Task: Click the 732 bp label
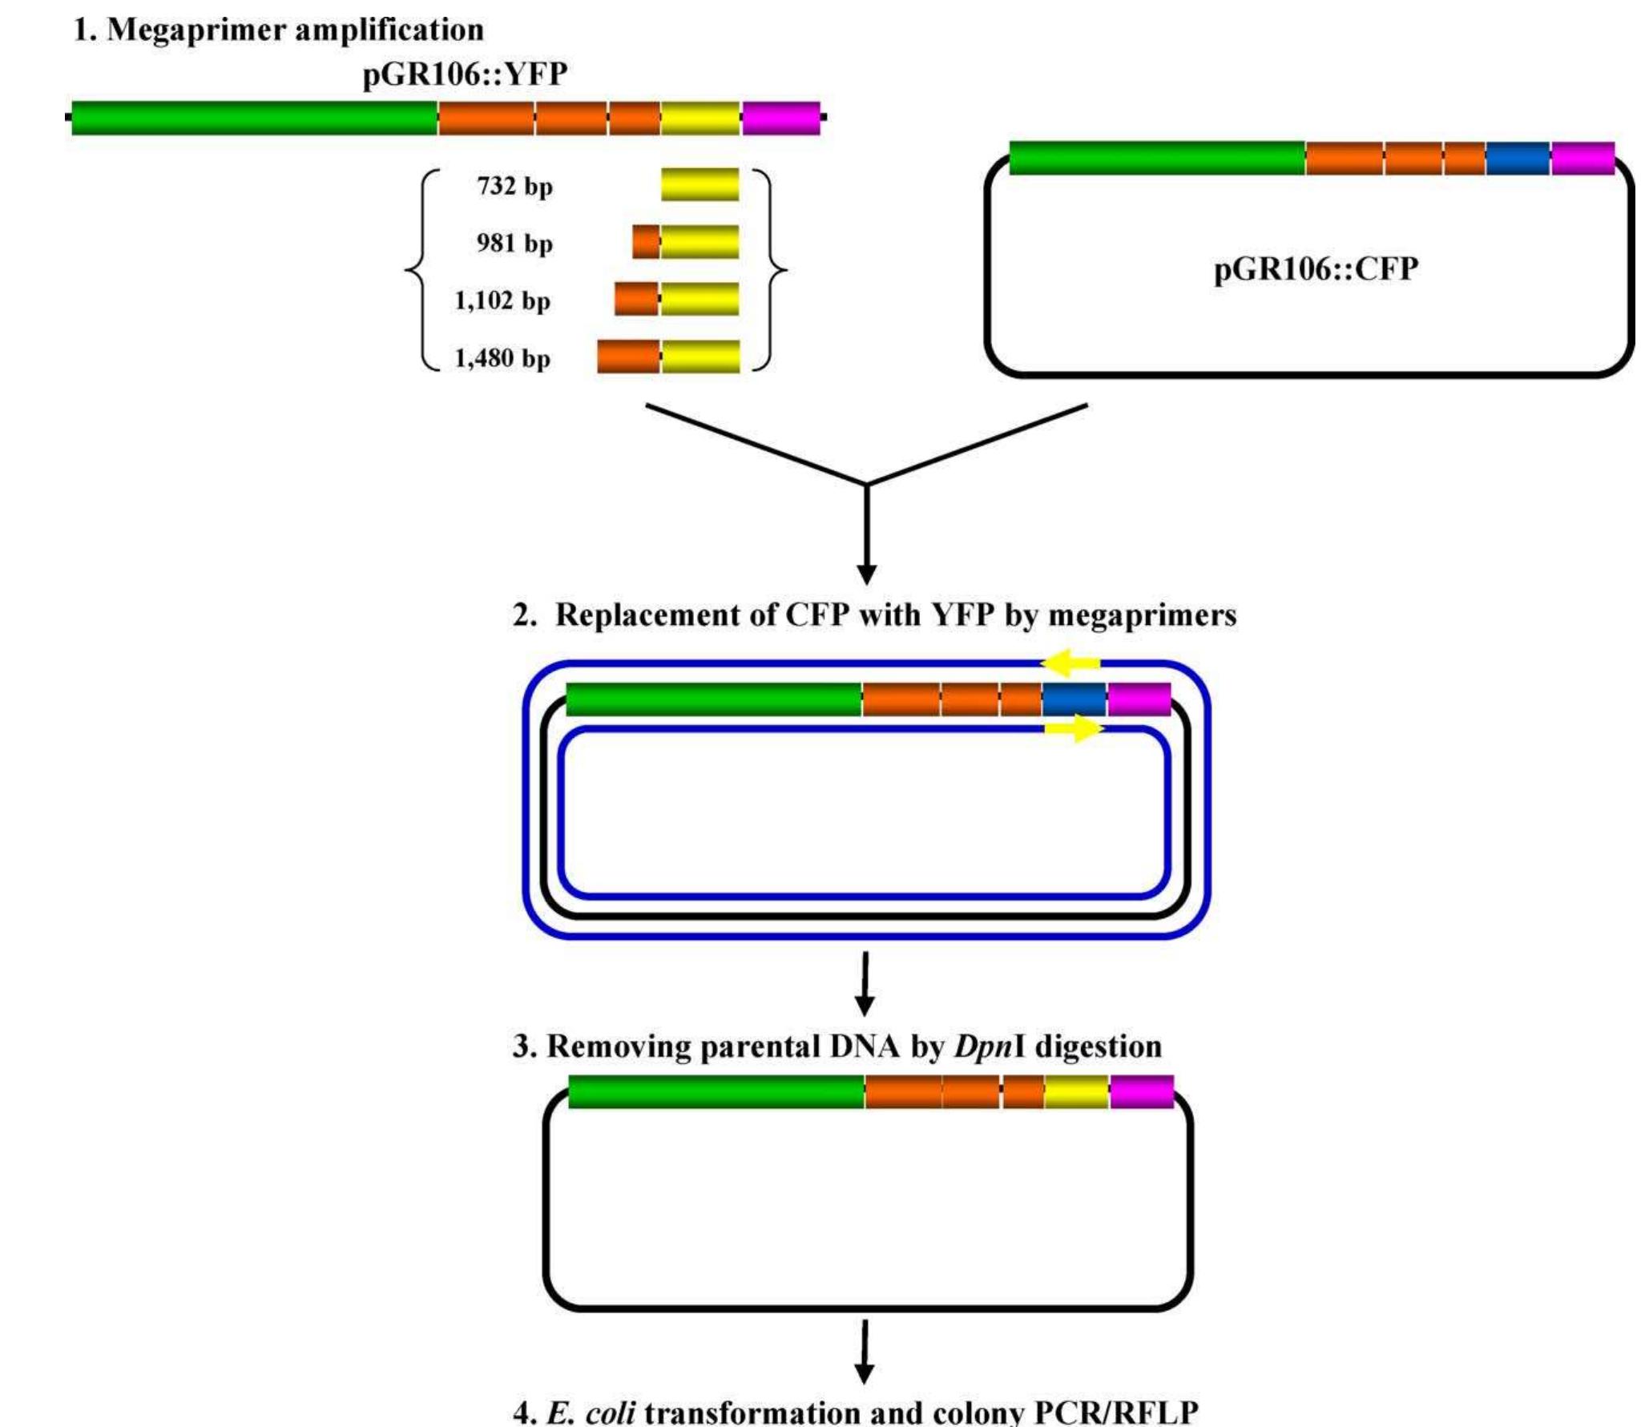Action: pyautogui.click(x=514, y=186)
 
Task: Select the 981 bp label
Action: pyautogui.click(x=514, y=243)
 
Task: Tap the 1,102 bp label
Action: pyautogui.click(x=502, y=300)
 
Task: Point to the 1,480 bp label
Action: pyautogui.click(x=502, y=358)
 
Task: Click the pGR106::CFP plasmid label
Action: pyautogui.click(x=1316, y=268)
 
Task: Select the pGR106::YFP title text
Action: pyautogui.click(x=465, y=75)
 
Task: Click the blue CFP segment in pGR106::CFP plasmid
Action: pyautogui.click(x=1518, y=158)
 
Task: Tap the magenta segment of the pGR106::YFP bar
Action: pyautogui.click(x=780, y=118)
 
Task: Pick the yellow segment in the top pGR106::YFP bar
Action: pyautogui.click(x=700, y=118)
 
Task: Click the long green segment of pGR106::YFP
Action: pyautogui.click(x=255, y=118)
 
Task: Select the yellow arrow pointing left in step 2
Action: pyautogui.click(x=1070, y=662)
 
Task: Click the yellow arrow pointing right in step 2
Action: pyautogui.click(x=1074, y=728)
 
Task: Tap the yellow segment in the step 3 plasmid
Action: pyautogui.click(x=1077, y=1092)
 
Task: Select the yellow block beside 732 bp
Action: pyautogui.click(x=700, y=184)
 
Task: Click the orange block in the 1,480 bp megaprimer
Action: pyautogui.click(x=628, y=357)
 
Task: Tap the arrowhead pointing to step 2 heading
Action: pyautogui.click(x=866, y=574)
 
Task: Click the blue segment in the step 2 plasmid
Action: pyautogui.click(x=1074, y=699)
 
